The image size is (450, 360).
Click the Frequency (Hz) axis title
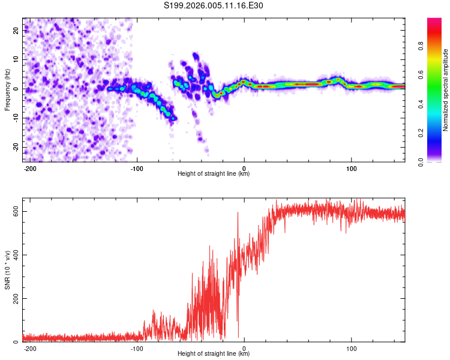click(x=7, y=90)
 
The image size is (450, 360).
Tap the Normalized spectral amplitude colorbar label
click(x=445, y=90)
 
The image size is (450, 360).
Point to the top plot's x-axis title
click(x=214, y=174)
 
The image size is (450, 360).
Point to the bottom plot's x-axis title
click(x=214, y=354)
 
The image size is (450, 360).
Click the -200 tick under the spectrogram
click(x=30, y=167)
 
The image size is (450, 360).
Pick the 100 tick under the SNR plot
click(x=351, y=347)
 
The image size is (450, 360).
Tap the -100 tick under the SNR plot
click(x=137, y=347)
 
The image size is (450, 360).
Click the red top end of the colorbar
click(x=434, y=21)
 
